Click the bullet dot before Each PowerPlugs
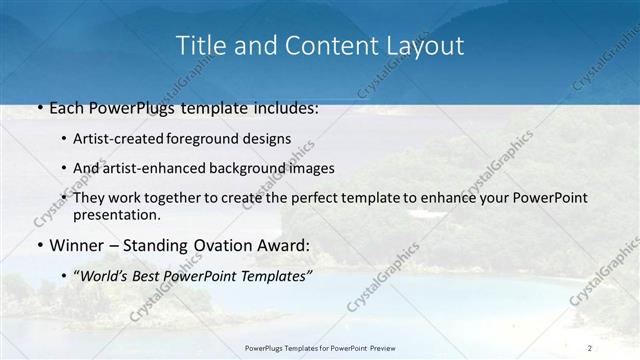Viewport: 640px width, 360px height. click(39, 108)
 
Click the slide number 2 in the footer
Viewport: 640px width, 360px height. click(589, 347)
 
